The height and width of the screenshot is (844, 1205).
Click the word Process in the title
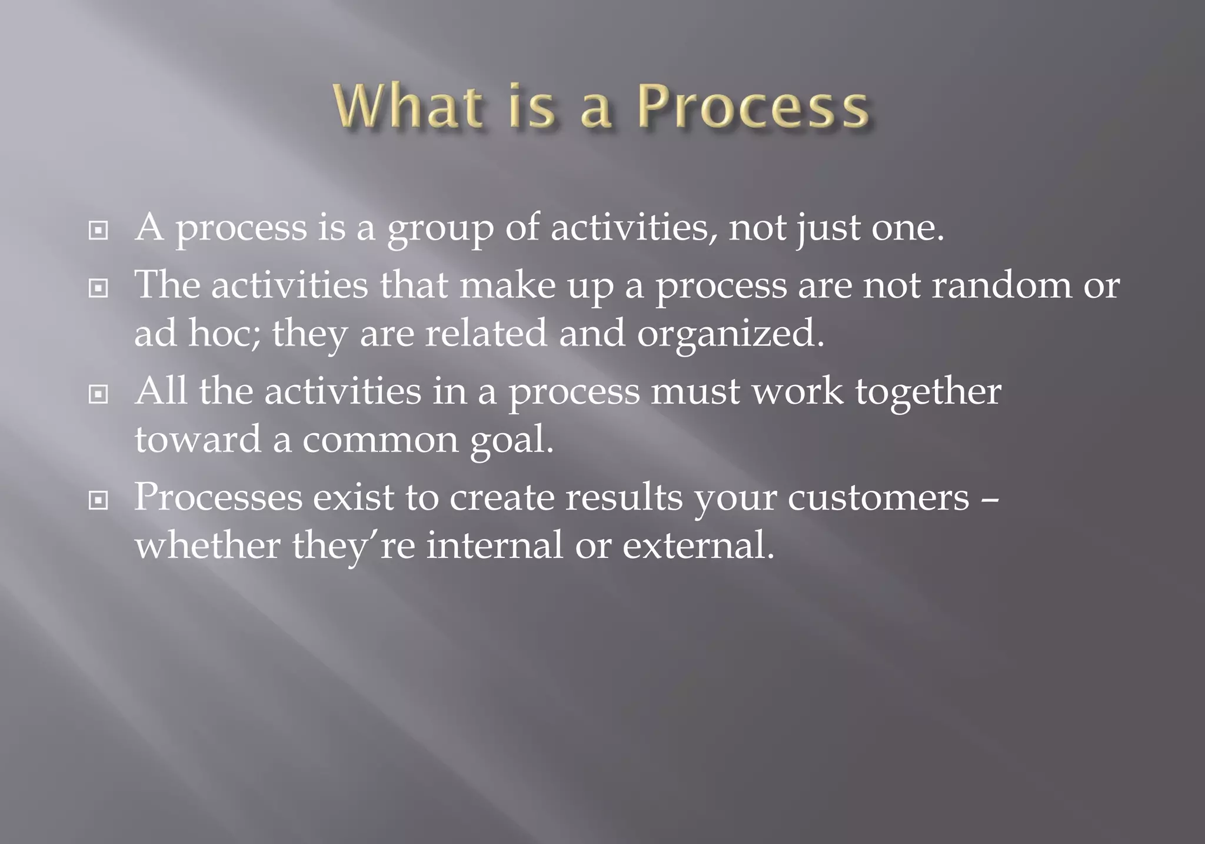pos(753,107)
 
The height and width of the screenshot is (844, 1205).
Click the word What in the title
pos(406,107)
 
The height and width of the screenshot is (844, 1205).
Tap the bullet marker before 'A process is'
pos(98,230)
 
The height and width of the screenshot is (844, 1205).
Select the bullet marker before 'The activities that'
pos(98,288)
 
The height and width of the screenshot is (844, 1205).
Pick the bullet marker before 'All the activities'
pos(98,394)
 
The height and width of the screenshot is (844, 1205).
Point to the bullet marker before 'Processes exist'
pos(98,501)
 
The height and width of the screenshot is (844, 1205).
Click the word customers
pos(878,499)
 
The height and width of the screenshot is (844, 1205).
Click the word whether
pos(208,545)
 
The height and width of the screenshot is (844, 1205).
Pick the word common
pos(380,441)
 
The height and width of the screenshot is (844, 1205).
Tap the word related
pos(486,333)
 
